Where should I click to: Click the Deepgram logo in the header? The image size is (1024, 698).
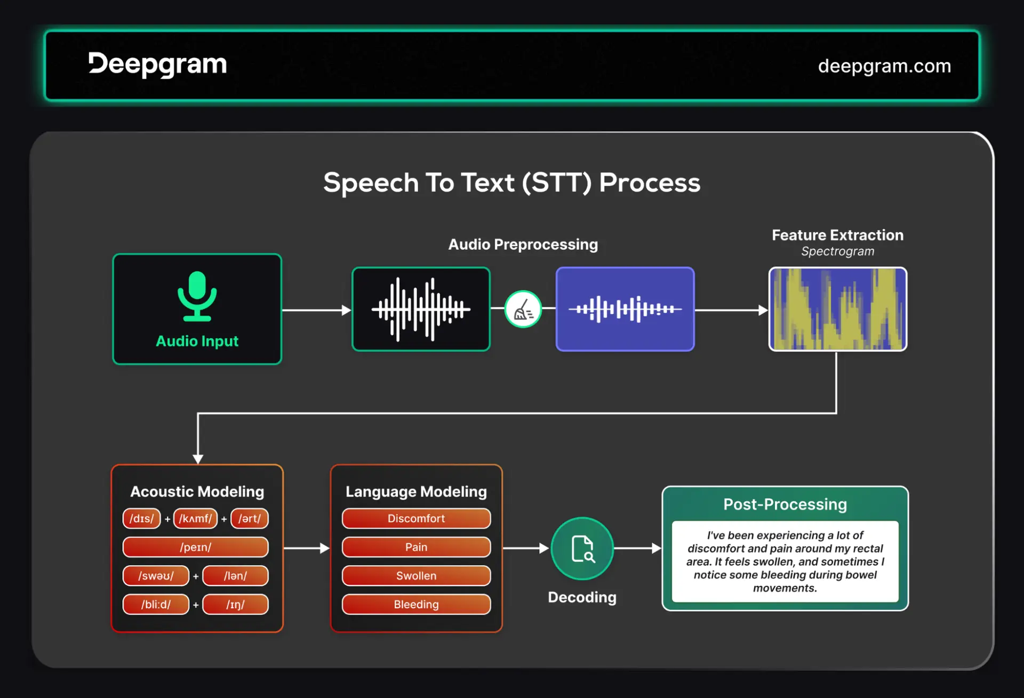point(157,65)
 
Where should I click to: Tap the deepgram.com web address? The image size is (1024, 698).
point(884,66)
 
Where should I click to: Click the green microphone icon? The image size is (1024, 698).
point(197,296)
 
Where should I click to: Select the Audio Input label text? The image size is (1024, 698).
point(197,341)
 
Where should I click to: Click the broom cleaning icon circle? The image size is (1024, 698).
point(523,309)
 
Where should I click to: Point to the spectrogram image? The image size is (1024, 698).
point(837,309)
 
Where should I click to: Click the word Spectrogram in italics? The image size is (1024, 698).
point(837,251)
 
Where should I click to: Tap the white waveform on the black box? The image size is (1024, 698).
point(421,309)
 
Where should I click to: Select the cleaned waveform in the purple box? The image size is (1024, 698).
point(625,309)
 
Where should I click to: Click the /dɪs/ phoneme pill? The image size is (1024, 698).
point(141,519)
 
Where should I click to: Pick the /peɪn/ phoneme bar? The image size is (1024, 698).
point(195,547)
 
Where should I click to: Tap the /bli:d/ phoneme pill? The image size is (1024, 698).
point(156,605)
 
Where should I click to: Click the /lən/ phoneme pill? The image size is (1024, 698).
point(235,576)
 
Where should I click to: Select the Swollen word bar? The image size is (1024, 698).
point(416,576)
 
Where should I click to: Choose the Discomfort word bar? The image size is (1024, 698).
point(416,519)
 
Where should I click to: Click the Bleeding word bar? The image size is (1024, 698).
point(416,605)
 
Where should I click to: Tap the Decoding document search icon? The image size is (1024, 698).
point(582,549)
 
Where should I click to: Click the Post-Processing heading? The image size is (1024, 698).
point(785,504)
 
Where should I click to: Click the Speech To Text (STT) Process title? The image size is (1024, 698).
point(511,183)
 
